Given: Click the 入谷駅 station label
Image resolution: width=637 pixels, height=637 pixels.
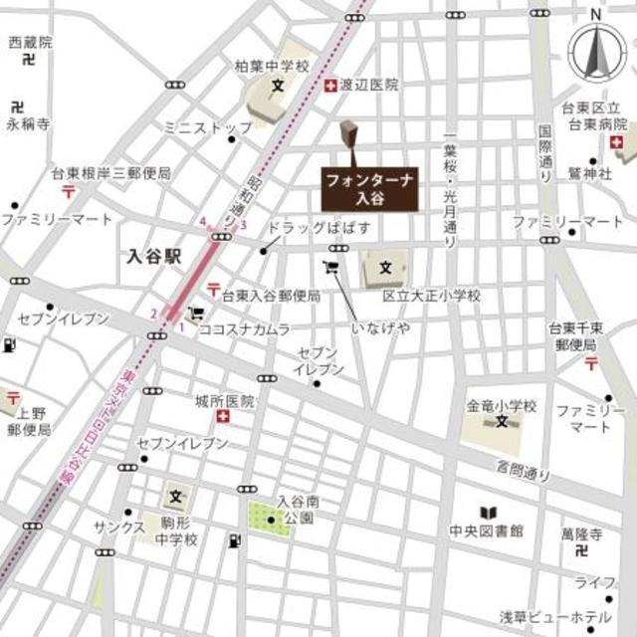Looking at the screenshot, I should (155, 255).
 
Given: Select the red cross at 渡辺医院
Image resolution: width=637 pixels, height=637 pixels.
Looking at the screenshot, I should (329, 86).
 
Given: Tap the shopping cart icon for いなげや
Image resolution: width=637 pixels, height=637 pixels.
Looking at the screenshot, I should (331, 267).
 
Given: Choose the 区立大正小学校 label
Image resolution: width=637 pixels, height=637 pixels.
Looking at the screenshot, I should (433, 296).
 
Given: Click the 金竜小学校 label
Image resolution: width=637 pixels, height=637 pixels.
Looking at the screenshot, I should (502, 406).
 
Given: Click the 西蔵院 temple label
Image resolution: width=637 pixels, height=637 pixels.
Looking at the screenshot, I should (30, 42).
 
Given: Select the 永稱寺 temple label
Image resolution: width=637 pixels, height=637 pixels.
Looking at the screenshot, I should (28, 124).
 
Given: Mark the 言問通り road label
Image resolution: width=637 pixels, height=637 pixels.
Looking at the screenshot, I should (523, 471).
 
